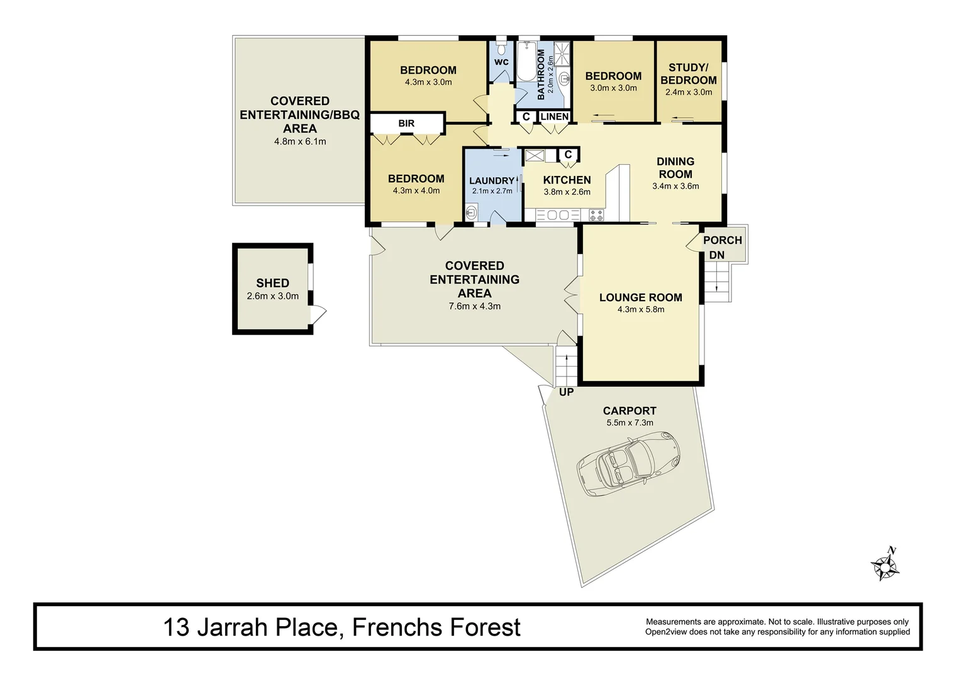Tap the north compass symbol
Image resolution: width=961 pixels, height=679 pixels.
click(x=886, y=564)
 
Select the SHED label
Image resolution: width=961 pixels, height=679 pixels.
click(x=272, y=284)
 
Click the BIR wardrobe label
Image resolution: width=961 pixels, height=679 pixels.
click(x=406, y=124)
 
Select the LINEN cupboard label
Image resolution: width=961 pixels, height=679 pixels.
click(x=554, y=117)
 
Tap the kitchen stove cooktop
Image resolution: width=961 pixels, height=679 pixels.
click(x=596, y=216)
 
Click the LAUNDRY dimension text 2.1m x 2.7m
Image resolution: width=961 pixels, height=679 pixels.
click(x=492, y=191)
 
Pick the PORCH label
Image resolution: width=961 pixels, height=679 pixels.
click(x=722, y=240)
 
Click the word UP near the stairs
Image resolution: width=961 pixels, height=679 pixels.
click(x=566, y=392)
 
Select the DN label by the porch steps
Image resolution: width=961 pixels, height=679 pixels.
click(x=716, y=255)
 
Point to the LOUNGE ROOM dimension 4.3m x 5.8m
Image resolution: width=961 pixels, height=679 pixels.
click(x=640, y=309)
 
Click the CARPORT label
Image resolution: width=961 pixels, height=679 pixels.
click(x=630, y=411)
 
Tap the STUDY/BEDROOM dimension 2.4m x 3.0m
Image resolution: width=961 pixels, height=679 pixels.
click(x=689, y=92)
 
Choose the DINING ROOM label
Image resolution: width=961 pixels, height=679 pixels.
click(x=675, y=168)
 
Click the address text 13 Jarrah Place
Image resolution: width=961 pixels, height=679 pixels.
click(x=252, y=627)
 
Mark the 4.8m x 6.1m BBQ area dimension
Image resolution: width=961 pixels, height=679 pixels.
click(x=300, y=142)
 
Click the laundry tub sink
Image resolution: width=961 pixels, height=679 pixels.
click(x=471, y=212)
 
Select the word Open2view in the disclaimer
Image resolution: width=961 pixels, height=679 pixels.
click(x=668, y=632)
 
